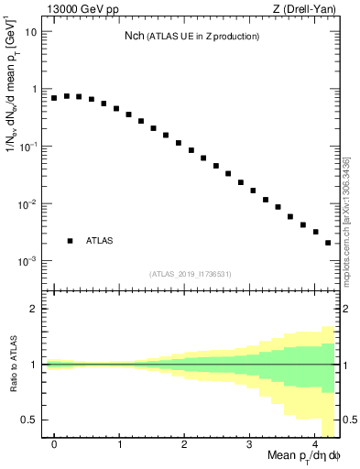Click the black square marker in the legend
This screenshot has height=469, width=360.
point(70,241)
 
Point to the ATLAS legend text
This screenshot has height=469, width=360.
point(100,241)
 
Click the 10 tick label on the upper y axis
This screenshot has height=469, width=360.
point(30,32)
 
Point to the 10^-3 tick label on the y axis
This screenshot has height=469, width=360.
point(27,261)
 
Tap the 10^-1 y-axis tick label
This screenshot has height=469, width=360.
point(27,147)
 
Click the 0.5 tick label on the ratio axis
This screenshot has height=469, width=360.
point(30,420)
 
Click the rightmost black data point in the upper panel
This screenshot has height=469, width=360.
point(328,243)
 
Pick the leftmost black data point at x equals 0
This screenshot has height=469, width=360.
point(54,98)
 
